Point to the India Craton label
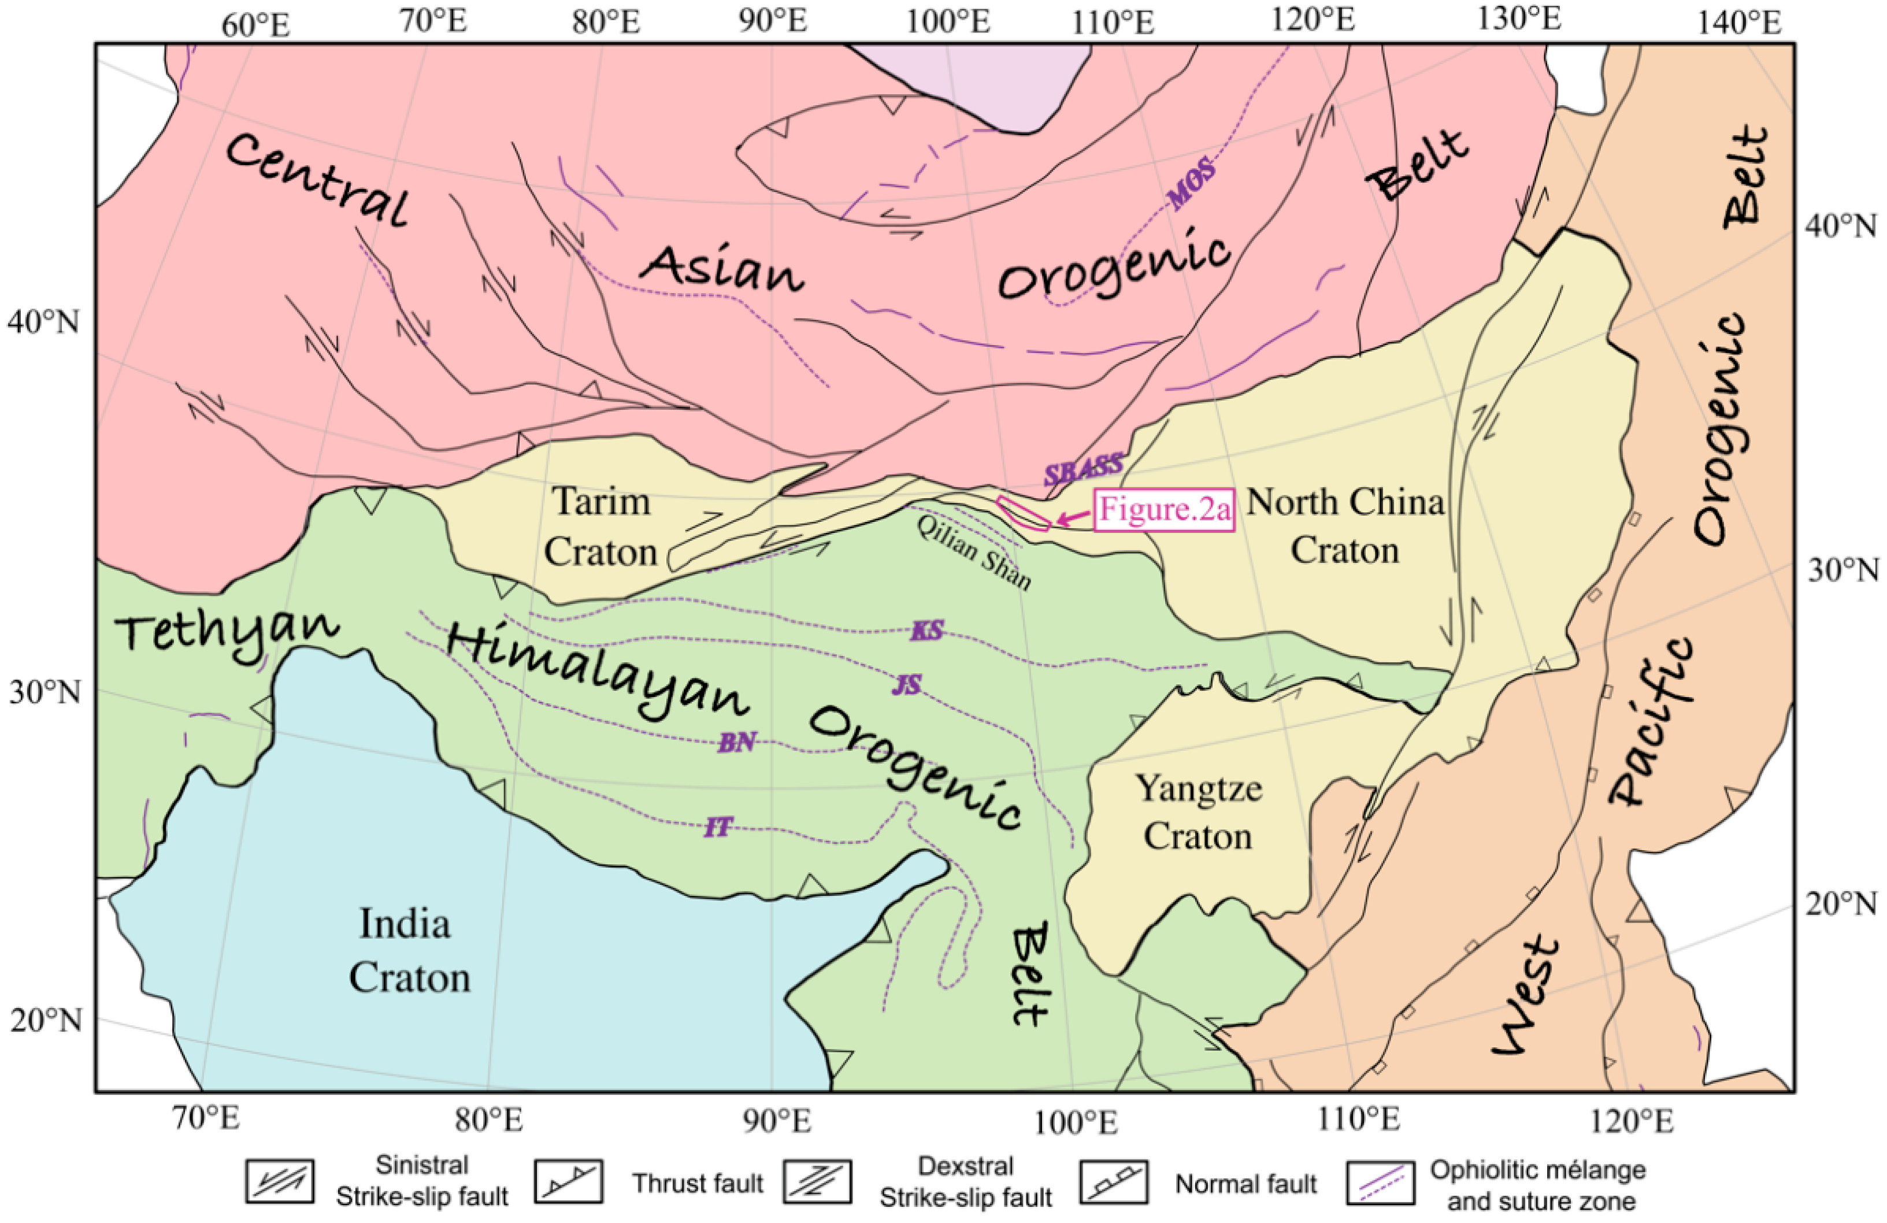[x=409, y=950]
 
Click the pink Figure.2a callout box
[x=1165, y=510]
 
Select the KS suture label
[x=927, y=631]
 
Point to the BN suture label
[x=736, y=743]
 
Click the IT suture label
[x=718, y=829]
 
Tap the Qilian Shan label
[x=974, y=553]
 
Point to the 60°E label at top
[x=255, y=25]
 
